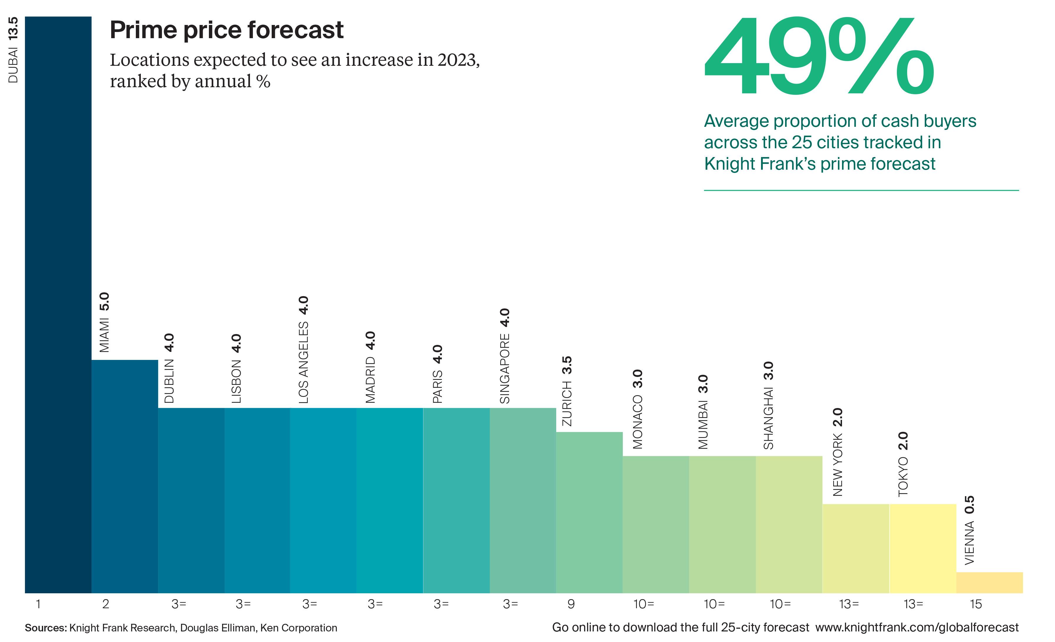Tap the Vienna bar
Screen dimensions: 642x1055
point(989,582)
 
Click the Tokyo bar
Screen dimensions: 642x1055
point(922,548)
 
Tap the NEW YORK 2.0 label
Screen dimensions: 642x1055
point(838,452)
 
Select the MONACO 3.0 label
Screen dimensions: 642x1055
point(638,409)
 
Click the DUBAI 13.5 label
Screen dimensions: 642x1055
point(13,50)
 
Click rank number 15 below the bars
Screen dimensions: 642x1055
point(975,604)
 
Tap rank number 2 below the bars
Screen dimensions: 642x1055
point(105,604)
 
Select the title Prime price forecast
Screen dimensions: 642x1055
point(226,30)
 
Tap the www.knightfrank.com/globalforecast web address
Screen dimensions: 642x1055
point(917,627)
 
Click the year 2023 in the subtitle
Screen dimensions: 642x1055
point(457,60)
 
